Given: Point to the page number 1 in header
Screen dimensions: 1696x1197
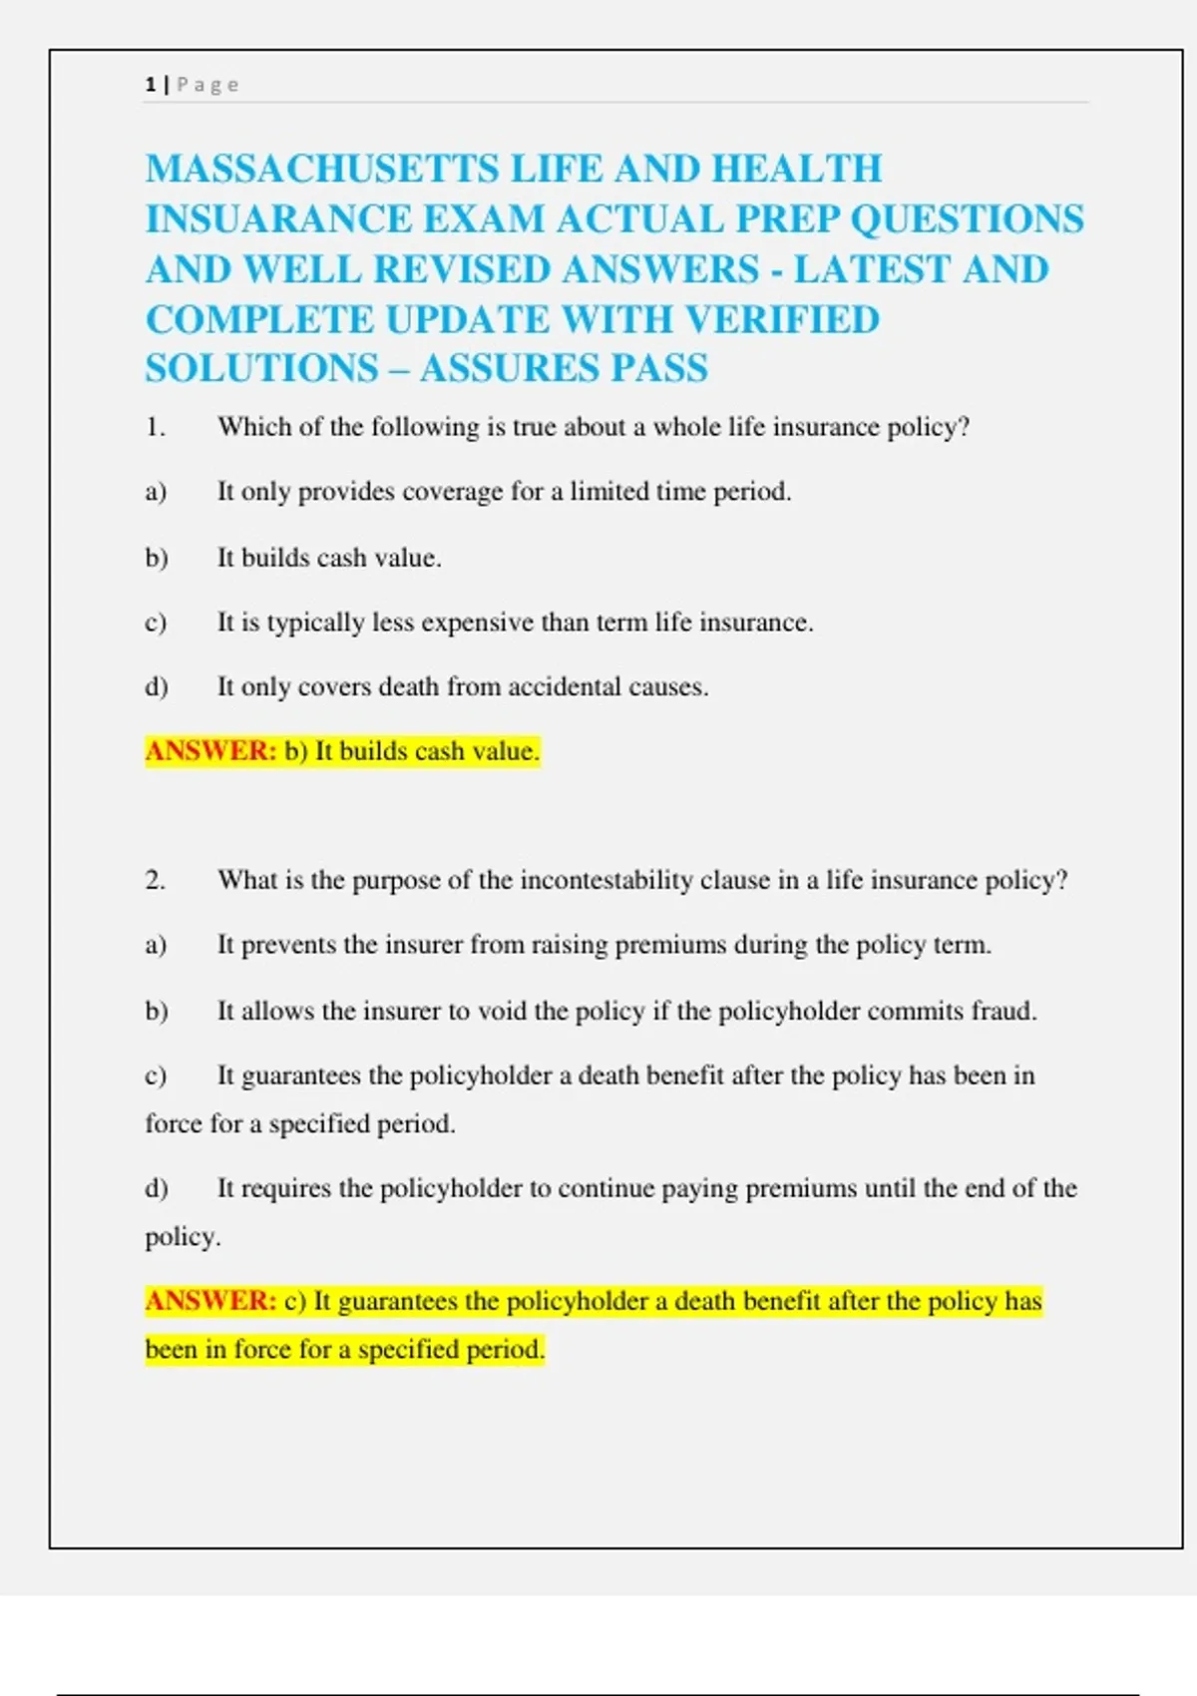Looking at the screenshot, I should (x=150, y=85).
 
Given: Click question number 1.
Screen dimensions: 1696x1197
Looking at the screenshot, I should (x=155, y=427).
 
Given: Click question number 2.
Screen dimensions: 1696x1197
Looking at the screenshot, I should (x=155, y=880).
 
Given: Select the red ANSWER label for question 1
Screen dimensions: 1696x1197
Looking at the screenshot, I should (x=210, y=750).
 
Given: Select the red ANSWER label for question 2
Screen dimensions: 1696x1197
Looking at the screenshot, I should (x=210, y=1301).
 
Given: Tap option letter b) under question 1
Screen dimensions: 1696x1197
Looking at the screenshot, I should (x=156, y=557).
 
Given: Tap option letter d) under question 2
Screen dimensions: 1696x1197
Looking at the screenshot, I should (x=156, y=1188).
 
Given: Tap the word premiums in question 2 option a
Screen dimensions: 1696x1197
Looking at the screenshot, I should (x=670, y=945).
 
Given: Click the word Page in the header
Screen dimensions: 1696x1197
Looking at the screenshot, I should (x=207, y=85).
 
